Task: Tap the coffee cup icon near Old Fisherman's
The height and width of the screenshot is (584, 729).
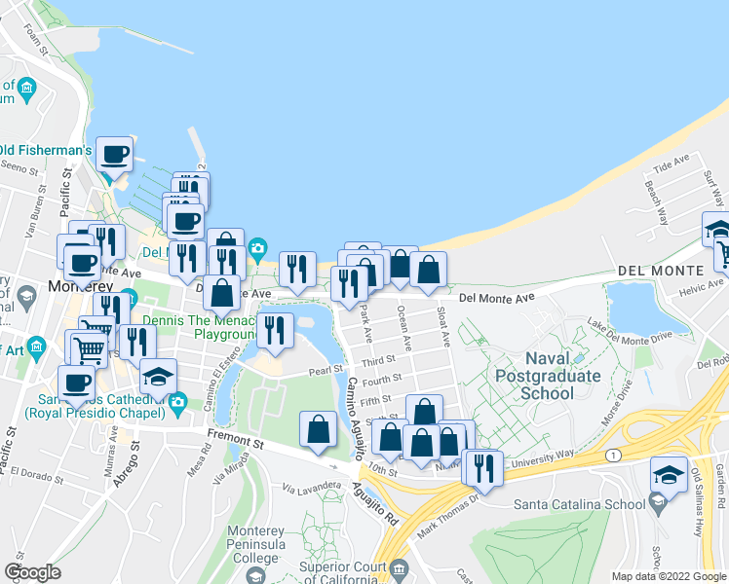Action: click(114, 154)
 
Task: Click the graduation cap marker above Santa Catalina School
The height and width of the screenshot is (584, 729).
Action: click(669, 474)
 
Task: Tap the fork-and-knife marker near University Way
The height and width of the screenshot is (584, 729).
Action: click(483, 467)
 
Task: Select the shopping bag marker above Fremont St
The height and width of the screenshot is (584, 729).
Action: click(319, 430)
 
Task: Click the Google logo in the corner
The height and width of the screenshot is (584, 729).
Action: click(32, 572)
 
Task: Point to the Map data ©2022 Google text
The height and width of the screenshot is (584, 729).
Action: click(668, 576)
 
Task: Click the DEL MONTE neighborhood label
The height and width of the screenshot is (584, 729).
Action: click(659, 270)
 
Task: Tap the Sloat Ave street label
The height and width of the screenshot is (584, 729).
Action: click(443, 327)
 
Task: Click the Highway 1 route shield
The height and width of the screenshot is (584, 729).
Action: click(612, 455)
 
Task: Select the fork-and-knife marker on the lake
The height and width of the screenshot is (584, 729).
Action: click(274, 331)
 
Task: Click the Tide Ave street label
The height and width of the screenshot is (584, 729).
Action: click(671, 164)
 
